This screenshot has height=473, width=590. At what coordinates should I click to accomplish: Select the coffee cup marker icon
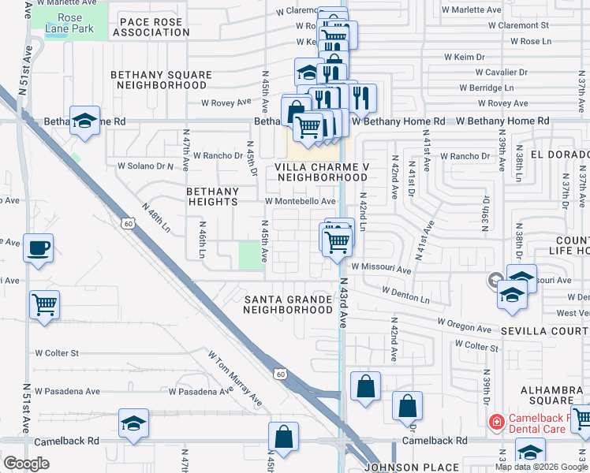[38, 248]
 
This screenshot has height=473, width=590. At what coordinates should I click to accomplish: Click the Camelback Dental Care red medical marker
[496, 422]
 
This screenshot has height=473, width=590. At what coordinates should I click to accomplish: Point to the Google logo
[26, 464]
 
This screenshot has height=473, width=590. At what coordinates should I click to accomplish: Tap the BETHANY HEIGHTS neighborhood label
[212, 196]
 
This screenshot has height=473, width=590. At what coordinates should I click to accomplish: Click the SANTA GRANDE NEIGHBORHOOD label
[288, 304]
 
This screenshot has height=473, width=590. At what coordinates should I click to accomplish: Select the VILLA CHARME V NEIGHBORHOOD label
[322, 172]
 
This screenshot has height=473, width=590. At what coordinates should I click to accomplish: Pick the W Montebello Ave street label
[300, 201]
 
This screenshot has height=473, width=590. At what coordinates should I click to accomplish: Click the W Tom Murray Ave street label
[235, 379]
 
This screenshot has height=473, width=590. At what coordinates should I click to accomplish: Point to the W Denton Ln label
[405, 295]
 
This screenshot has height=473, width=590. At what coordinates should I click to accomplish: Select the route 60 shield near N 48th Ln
[128, 224]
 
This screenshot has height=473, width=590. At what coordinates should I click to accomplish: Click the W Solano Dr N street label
[145, 166]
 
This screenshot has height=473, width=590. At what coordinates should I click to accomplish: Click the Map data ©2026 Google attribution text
[540, 467]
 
